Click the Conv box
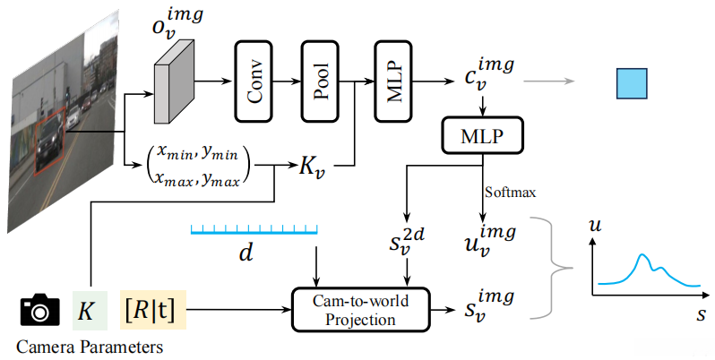click(254, 81)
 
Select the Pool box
click(320, 81)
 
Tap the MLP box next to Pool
click(393, 81)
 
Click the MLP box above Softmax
click(482, 135)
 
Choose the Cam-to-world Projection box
click(361, 310)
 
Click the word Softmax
click(510, 192)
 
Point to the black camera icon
click(39, 310)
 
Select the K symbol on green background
click(90, 311)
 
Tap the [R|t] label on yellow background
click(153, 310)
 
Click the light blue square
click(632, 83)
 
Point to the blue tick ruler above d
click(254, 229)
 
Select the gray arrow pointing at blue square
click(549, 81)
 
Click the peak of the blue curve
click(642, 254)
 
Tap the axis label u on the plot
click(595, 225)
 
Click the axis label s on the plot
click(701, 314)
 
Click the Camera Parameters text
click(90, 347)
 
